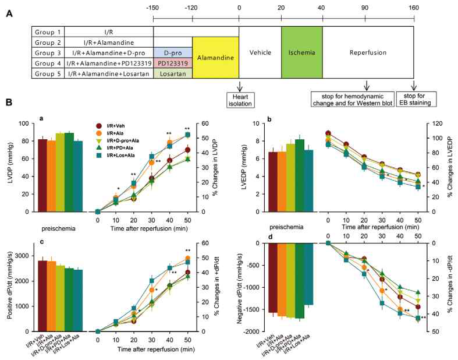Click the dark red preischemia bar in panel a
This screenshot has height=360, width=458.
[42, 175]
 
